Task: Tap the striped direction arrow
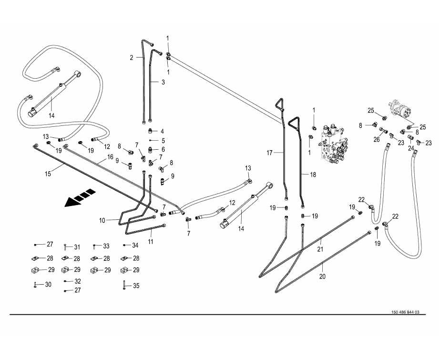click(81, 198)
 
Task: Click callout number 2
click(132, 58)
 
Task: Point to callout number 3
click(163, 82)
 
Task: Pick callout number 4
click(162, 131)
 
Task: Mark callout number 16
click(110, 157)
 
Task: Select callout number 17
click(269, 153)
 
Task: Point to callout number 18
click(313, 175)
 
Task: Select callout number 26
click(376, 140)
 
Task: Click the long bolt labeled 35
click(123, 285)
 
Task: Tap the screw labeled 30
click(36, 285)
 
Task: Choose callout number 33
click(106, 246)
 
